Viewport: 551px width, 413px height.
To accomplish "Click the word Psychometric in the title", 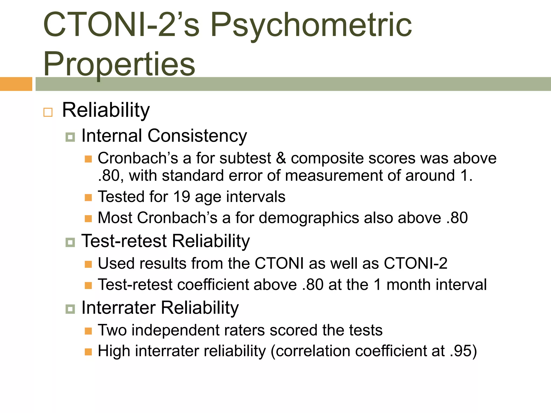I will tap(311, 26).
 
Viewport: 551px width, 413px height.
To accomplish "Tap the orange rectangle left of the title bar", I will tap(16, 84).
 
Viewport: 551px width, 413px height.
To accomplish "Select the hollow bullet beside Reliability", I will tap(48, 112).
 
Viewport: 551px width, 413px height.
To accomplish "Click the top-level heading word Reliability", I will tap(106, 110).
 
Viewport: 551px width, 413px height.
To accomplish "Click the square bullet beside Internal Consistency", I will tap(70, 137).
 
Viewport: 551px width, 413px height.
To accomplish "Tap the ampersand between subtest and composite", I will tap(281, 158).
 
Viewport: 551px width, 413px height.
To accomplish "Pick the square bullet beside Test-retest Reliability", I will tap(70, 242).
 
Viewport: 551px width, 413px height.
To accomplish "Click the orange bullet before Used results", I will tap(88, 264).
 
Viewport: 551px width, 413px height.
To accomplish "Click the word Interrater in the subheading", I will tap(119, 308).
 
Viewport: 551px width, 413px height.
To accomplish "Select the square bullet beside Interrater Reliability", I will tap(70, 309).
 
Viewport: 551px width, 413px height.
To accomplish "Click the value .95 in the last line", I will tap(461, 351).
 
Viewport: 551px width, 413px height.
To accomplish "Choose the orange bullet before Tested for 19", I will tap(88, 198).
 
